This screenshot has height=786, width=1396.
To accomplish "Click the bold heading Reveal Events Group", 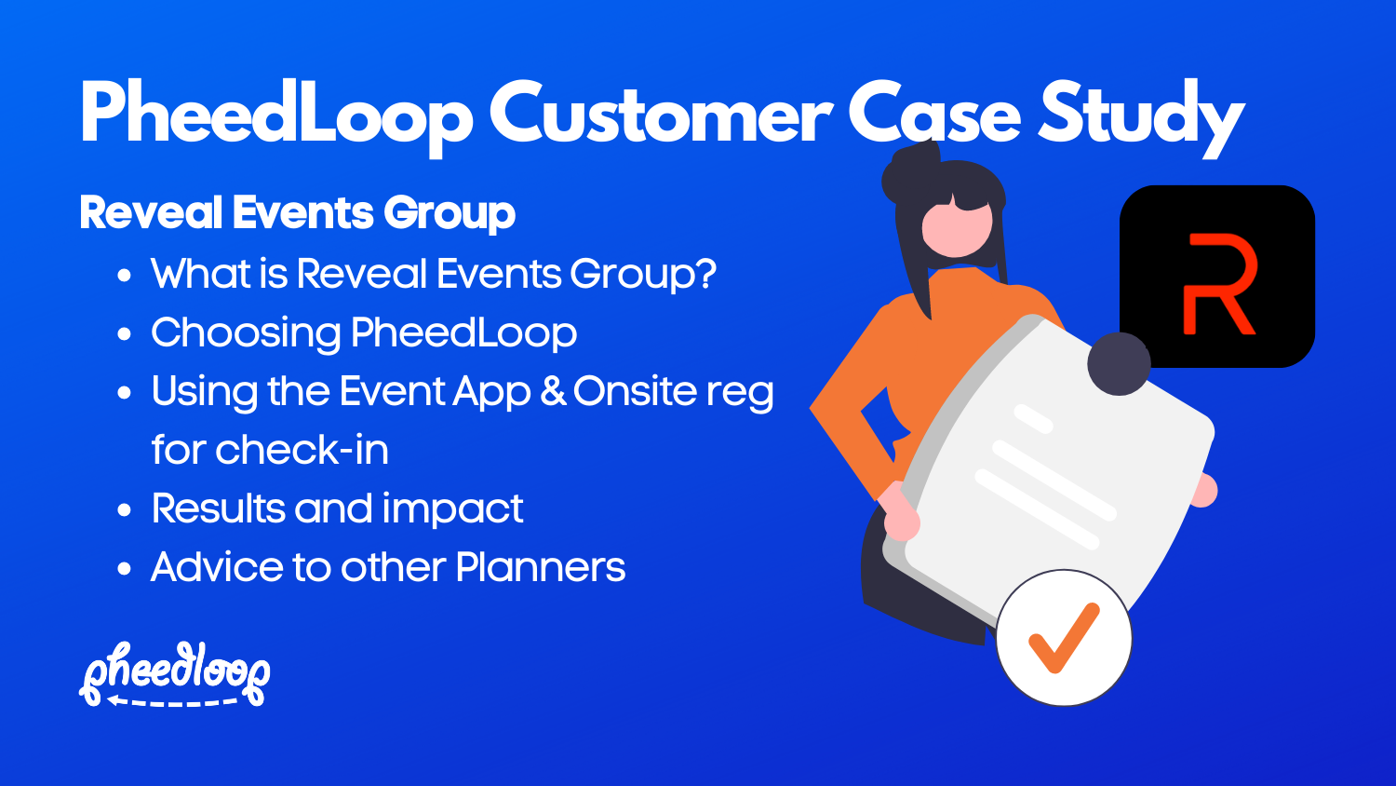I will click(x=297, y=212).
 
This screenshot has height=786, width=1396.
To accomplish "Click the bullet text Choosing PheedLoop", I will click(x=364, y=333).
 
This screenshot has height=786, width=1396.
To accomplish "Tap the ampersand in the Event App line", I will click(x=553, y=391).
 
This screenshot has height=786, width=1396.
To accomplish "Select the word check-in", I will click(x=302, y=450).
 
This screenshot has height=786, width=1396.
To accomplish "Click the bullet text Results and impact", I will click(x=337, y=508).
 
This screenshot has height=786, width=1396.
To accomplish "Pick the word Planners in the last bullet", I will click(x=541, y=567).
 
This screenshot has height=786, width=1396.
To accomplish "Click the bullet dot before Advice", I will click(x=125, y=569).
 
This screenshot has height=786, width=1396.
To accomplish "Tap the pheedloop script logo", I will click(x=175, y=668).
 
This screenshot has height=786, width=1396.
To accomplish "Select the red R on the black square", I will click(x=1218, y=284).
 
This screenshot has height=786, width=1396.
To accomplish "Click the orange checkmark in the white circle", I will click(x=1063, y=638).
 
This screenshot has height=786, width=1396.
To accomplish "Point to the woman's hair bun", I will click(x=907, y=170).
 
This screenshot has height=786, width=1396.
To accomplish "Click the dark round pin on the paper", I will click(x=1119, y=363).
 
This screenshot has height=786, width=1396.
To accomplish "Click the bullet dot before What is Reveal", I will click(x=125, y=276).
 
